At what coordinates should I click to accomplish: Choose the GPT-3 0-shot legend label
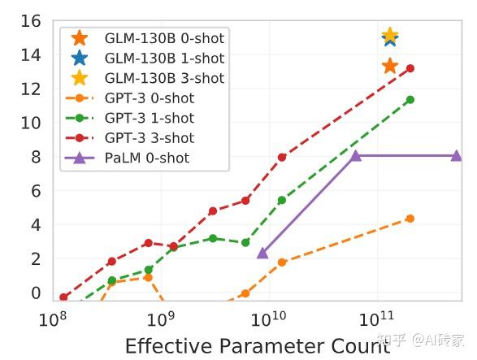point(149,98)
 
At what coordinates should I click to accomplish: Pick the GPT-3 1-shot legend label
point(149,119)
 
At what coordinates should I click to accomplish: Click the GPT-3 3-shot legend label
point(149,138)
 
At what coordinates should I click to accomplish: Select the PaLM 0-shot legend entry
point(146,158)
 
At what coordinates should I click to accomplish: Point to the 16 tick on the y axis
point(31,21)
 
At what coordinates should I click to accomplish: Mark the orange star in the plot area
point(390,66)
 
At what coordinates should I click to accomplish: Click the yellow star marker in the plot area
point(390,36)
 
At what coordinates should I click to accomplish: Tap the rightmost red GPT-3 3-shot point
point(410,68)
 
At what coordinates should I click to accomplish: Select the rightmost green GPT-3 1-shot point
point(410,100)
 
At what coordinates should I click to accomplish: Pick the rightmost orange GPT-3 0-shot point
point(410,219)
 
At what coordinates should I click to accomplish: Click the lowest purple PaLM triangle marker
point(262,253)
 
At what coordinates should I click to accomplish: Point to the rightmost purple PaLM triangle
point(457,155)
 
